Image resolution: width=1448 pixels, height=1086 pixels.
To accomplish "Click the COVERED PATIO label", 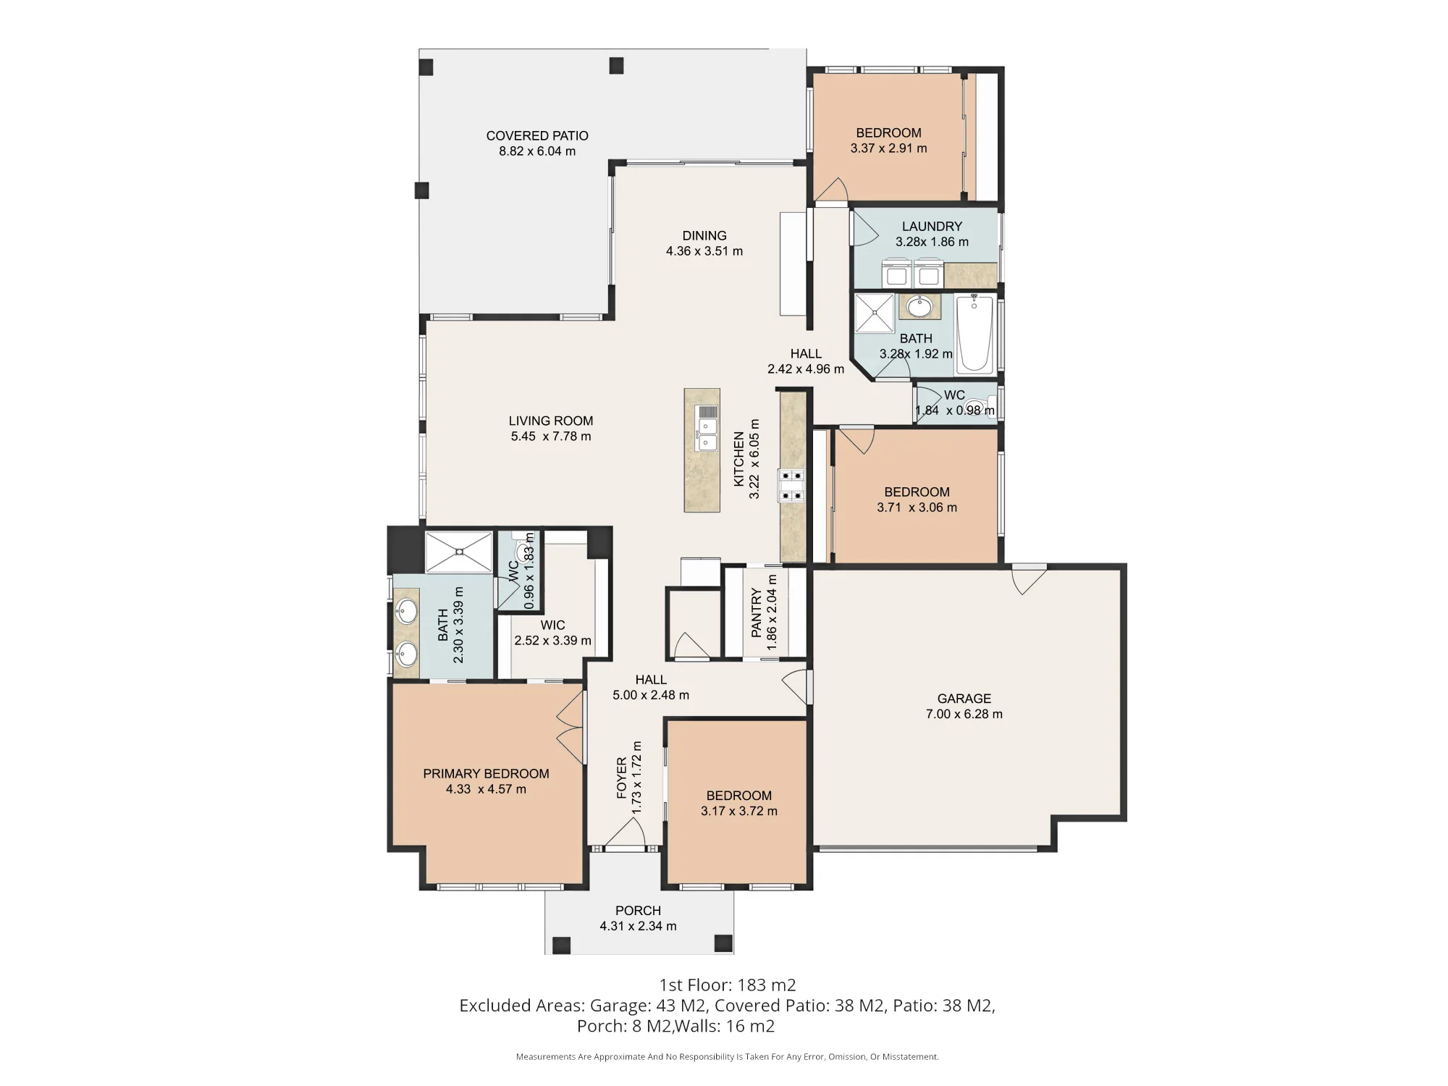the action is pos(537,135).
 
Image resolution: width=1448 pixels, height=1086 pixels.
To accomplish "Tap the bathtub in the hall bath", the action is pos(975,334).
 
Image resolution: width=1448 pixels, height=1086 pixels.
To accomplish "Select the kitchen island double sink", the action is pos(707,428).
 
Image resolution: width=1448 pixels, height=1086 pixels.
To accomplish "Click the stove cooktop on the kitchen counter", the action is pos(791,485).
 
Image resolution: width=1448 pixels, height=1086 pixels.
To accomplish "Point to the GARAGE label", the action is pos(964,698).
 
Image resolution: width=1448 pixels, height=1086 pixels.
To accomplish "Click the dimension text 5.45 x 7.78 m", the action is pos(551,437).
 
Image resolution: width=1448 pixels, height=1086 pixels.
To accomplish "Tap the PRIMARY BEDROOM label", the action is pos(486,773).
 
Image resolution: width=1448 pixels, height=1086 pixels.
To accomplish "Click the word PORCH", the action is pos(638,910).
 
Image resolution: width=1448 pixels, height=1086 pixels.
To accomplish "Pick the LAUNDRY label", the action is pos(932,226).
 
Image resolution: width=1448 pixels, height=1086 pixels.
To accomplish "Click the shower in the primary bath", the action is pos(458,552).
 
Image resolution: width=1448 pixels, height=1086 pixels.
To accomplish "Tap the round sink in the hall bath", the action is pos(919,307).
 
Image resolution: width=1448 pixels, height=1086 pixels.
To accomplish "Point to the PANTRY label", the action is pos(757,613).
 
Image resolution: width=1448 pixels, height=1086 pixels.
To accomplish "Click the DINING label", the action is pos(704,235).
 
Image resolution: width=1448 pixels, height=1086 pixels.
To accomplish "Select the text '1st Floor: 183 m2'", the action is pos(728,985).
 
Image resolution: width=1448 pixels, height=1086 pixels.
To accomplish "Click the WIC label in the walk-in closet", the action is pos(552,625).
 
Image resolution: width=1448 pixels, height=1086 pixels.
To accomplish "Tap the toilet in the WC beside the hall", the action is pos(978,405).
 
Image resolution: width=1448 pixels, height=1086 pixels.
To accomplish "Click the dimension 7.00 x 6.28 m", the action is pos(964,714).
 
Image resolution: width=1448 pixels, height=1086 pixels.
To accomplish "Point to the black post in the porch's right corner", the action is pos(723,943).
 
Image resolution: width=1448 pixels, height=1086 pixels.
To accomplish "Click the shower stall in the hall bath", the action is pos(875,313).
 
